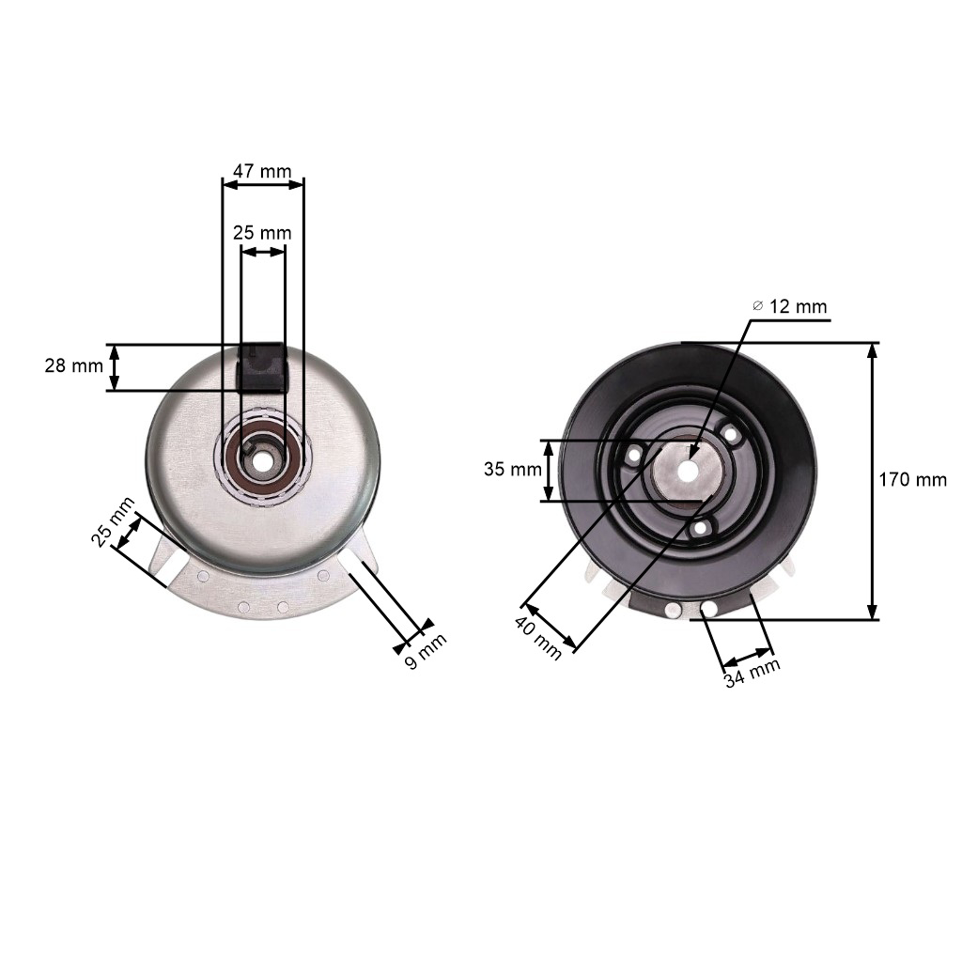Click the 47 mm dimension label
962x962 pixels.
point(262,171)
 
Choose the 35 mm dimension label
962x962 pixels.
point(513,469)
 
